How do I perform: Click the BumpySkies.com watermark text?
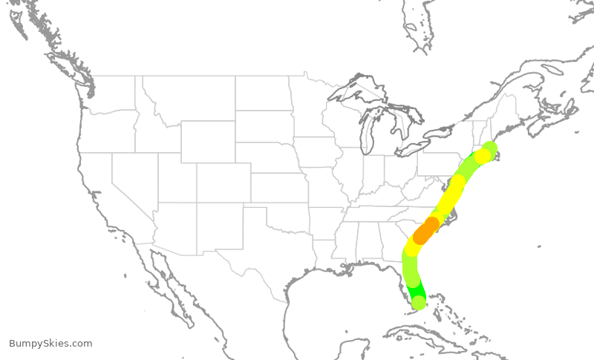pyautogui.click(x=50, y=344)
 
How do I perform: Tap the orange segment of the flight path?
pyautogui.click(x=425, y=231)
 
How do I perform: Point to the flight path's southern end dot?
pyautogui.click(x=419, y=302)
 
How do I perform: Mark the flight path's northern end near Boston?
pyautogui.click(x=489, y=148)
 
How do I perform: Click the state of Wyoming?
pyautogui.click(x=208, y=141)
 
